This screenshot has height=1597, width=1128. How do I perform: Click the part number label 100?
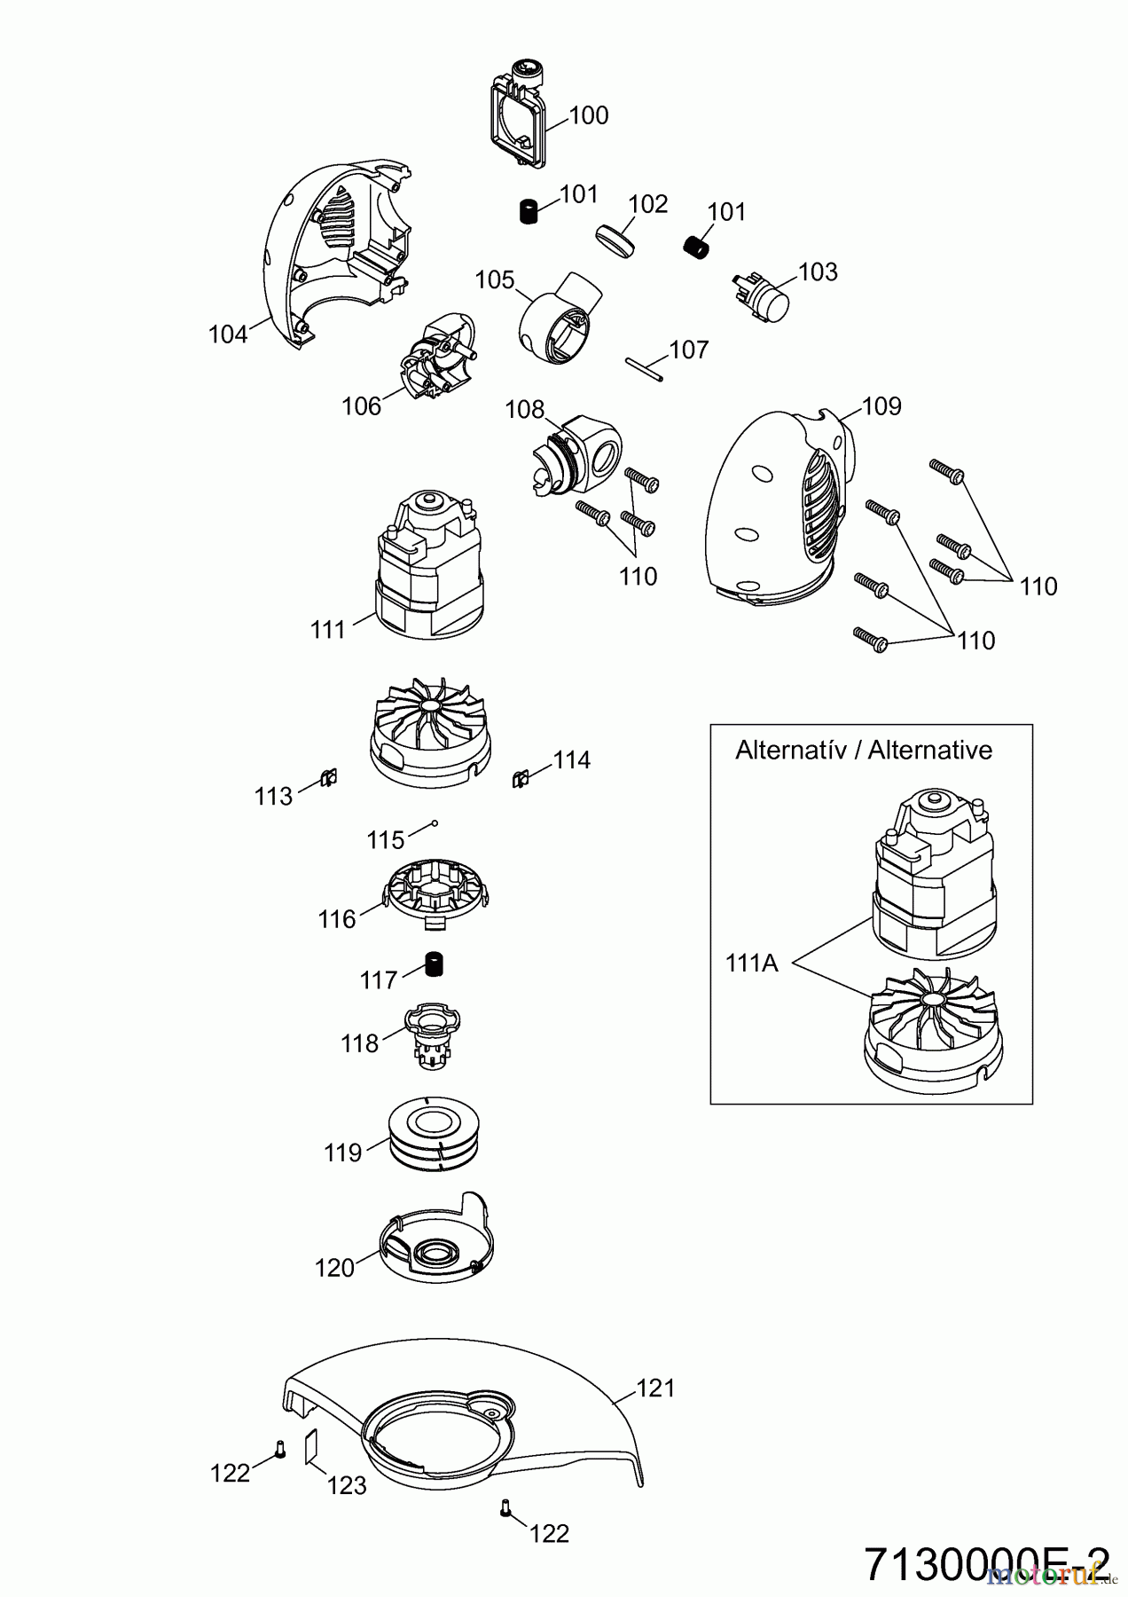coord(589,116)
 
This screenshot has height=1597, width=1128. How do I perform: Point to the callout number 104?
coord(228,334)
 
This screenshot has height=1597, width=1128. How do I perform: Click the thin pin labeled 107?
coord(643,366)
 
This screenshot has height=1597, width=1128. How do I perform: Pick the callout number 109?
coord(881,406)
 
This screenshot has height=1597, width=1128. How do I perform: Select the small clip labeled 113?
coord(328,779)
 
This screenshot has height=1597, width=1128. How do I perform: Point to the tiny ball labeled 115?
coord(435,823)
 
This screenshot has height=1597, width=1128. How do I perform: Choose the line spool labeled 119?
coord(435,1135)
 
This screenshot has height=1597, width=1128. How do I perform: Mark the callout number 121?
coord(656,1389)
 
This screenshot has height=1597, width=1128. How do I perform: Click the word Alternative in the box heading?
coord(929,751)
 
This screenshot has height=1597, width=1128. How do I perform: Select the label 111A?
coord(751,963)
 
